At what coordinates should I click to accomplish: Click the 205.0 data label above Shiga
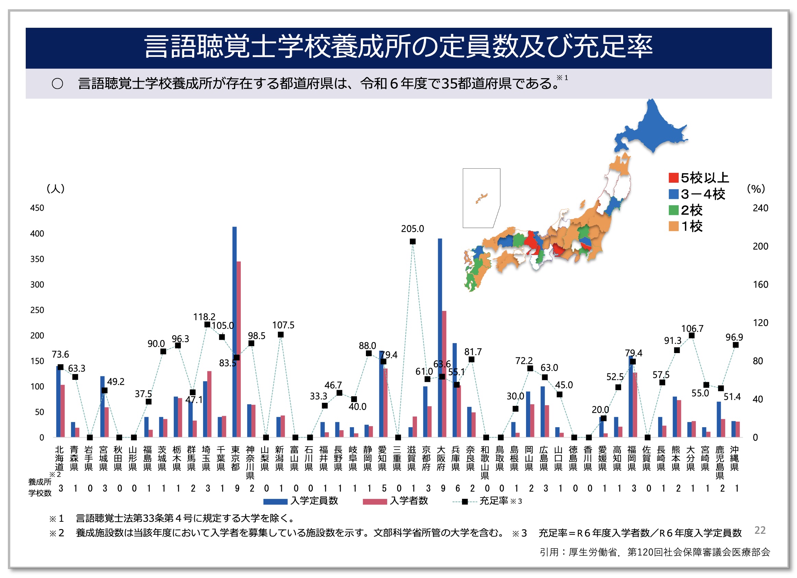[x=412, y=229]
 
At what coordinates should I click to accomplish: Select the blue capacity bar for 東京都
[x=234, y=316]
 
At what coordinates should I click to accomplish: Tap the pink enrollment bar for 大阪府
[x=444, y=372]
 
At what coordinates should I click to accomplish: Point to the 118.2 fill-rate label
[x=204, y=316]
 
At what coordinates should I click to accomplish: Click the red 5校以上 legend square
[x=673, y=178]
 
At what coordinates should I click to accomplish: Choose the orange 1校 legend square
[x=673, y=226]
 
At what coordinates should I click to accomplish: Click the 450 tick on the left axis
[x=37, y=208]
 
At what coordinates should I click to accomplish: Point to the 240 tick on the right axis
[x=760, y=208]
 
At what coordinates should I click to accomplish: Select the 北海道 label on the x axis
[x=59, y=458]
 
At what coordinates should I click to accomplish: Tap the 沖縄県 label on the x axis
[x=735, y=458]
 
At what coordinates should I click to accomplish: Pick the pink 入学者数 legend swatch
[x=374, y=502]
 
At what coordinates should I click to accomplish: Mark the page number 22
[x=760, y=530]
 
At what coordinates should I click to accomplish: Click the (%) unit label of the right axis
[x=756, y=189]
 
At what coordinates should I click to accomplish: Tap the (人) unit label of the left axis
[x=56, y=189]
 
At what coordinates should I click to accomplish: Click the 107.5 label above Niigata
[x=283, y=325]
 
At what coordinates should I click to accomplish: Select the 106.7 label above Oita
[x=692, y=328]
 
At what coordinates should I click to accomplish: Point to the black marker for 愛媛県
[x=603, y=418]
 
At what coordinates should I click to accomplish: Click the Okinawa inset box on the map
[x=481, y=198]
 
